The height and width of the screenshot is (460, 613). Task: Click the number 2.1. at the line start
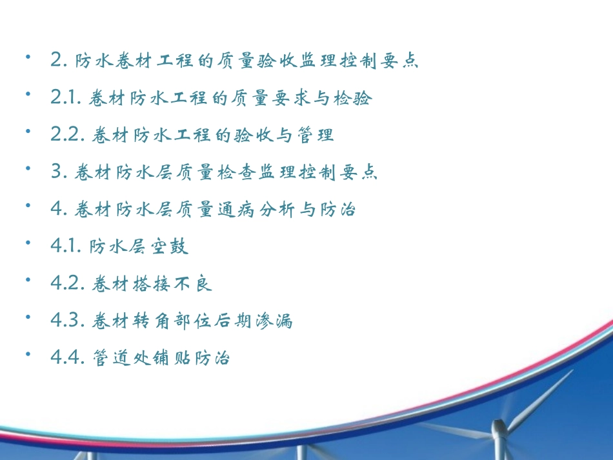65,98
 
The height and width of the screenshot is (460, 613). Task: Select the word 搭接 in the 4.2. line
145,284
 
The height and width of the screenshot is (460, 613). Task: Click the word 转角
145,321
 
